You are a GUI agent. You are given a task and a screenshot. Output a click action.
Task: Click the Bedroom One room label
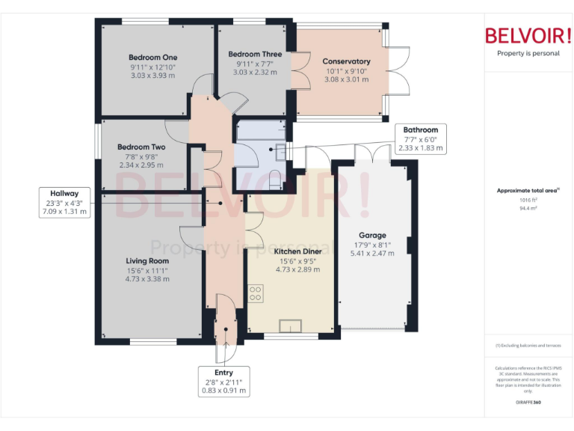pyautogui.click(x=152, y=58)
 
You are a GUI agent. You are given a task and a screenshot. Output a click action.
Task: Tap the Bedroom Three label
pyautogui.click(x=255, y=54)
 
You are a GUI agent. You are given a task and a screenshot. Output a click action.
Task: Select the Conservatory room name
pyautogui.click(x=346, y=61)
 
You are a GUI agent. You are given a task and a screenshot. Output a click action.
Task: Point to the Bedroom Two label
pyautogui.click(x=141, y=147)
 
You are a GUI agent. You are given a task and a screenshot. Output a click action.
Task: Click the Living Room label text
pyautogui.click(x=146, y=260)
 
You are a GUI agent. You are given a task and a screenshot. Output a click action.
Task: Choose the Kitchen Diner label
pyautogui.click(x=297, y=251)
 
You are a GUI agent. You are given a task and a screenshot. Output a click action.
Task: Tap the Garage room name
pyautogui.click(x=372, y=235)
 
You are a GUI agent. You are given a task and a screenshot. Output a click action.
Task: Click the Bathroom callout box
pyautogui.click(x=421, y=138)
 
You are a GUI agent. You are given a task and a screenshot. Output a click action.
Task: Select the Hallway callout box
pyautogui.click(x=64, y=202)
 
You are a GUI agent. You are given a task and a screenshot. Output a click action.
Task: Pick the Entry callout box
pyautogui.click(x=223, y=381)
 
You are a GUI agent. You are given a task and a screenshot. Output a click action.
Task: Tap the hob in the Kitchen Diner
pyautogui.click(x=255, y=293)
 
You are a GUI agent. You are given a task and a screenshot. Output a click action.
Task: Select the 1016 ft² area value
pyautogui.click(x=528, y=200)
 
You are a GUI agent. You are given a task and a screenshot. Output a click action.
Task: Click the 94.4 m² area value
pyautogui.click(x=528, y=209)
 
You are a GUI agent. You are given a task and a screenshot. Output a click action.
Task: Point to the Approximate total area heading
pyautogui.click(x=528, y=191)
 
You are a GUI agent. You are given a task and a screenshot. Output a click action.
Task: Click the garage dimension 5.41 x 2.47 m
pyautogui.click(x=372, y=254)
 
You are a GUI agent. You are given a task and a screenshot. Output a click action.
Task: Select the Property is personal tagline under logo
pyautogui.click(x=528, y=53)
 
